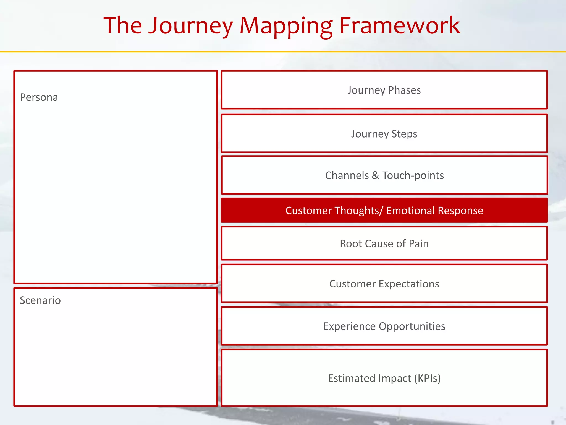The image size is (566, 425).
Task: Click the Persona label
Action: tap(39, 97)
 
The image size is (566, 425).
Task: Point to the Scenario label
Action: tap(40, 300)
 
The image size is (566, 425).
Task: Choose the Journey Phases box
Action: tap(384, 90)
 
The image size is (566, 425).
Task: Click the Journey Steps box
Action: tap(384, 134)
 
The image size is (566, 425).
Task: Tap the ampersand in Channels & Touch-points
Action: tap(375, 175)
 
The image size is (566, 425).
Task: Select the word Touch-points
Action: tap(413, 175)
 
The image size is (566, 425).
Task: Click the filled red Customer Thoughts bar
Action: tap(384, 210)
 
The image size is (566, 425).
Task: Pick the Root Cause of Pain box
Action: tap(384, 243)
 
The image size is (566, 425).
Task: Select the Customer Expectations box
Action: tap(384, 284)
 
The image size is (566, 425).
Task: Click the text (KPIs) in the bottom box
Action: tap(427, 378)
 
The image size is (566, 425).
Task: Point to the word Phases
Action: tap(404, 90)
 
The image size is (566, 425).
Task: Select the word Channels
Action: tap(347, 175)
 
